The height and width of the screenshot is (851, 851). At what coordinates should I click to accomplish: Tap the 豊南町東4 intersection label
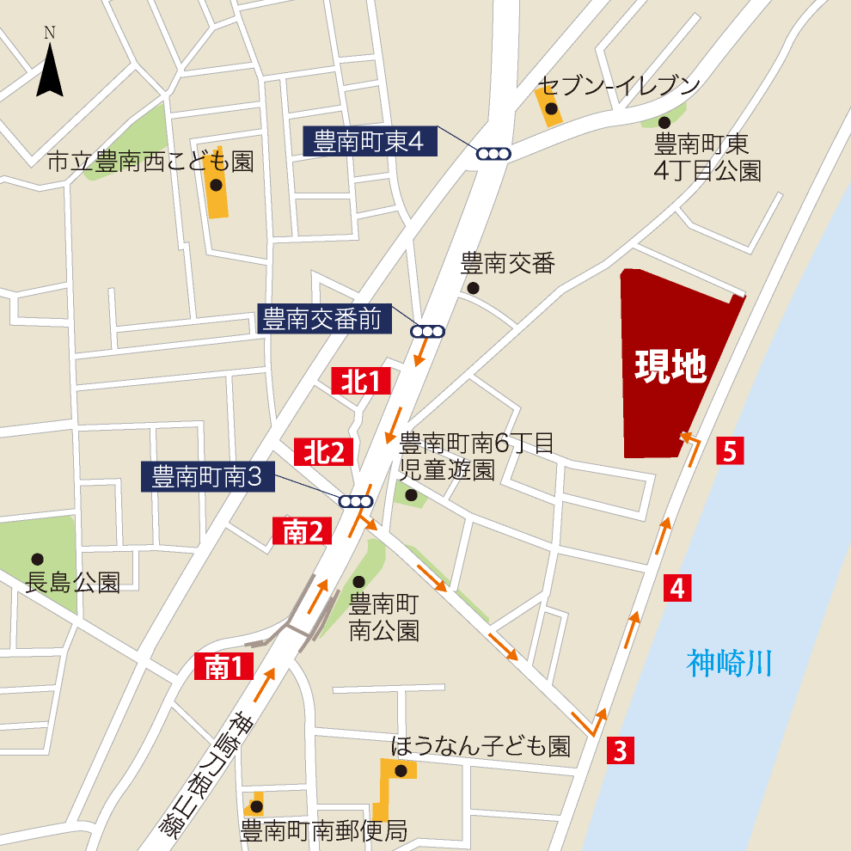(x=370, y=141)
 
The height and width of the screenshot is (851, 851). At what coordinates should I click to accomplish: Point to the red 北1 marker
(x=362, y=380)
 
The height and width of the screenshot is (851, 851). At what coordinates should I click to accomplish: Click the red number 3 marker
(x=621, y=750)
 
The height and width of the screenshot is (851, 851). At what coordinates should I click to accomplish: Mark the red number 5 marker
(x=730, y=450)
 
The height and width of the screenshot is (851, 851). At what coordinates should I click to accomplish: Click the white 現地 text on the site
(x=670, y=367)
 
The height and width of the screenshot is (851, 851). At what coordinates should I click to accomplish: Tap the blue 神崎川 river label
(x=730, y=663)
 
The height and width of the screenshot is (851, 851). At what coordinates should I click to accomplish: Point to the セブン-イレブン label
(x=618, y=85)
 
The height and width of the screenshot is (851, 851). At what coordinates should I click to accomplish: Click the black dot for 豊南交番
(x=472, y=288)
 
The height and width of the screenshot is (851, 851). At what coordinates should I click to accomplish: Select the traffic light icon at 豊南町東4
(x=493, y=154)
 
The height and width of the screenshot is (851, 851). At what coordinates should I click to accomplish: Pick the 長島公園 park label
(x=73, y=583)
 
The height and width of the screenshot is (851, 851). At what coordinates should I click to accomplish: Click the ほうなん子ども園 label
(x=481, y=745)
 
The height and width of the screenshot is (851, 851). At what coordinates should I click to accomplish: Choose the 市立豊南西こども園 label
(x=150, y=161)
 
